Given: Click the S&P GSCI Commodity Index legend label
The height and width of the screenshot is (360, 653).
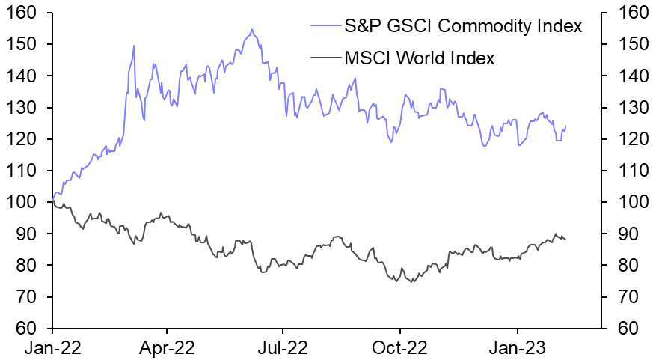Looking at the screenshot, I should point(462,27).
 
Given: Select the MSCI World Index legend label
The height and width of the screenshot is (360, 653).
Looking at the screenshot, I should point(419,58).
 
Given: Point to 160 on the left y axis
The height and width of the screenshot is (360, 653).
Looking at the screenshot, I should point(24,13).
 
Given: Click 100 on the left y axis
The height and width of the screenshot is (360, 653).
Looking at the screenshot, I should point(24,202).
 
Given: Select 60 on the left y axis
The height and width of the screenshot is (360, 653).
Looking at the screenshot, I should point(28,329).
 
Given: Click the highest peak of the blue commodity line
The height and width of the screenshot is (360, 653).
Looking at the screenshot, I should point(252,30).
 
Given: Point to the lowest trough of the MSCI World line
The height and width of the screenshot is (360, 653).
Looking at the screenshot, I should point(412,281).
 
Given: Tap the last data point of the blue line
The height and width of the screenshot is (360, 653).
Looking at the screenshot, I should point(566,126).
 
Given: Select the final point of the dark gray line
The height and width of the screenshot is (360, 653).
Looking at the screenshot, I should point(566,240).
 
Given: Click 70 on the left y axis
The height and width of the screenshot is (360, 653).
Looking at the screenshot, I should point(28,297).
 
